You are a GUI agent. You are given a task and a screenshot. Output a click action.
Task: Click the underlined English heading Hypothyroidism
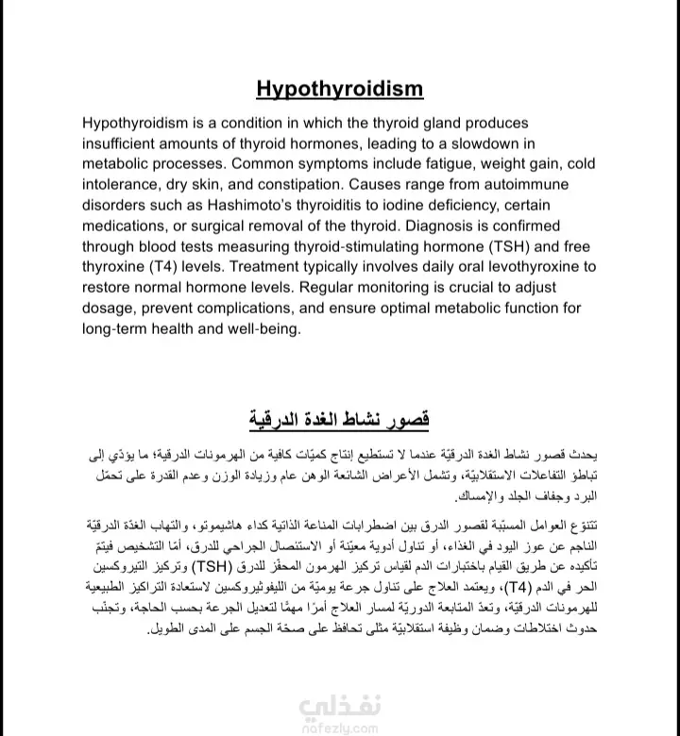click(x=340, y=90)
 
